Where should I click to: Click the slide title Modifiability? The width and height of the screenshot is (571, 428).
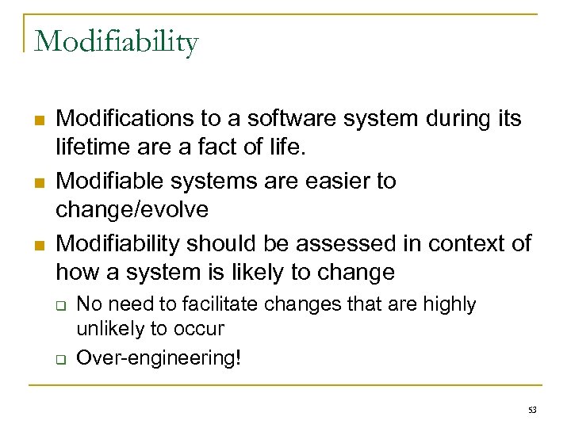tap(116, 41)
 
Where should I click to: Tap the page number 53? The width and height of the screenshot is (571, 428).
tap(531, 410)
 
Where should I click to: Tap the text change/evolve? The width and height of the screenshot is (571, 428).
tap(133, 209)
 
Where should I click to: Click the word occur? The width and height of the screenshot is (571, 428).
tap(201, 327)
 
